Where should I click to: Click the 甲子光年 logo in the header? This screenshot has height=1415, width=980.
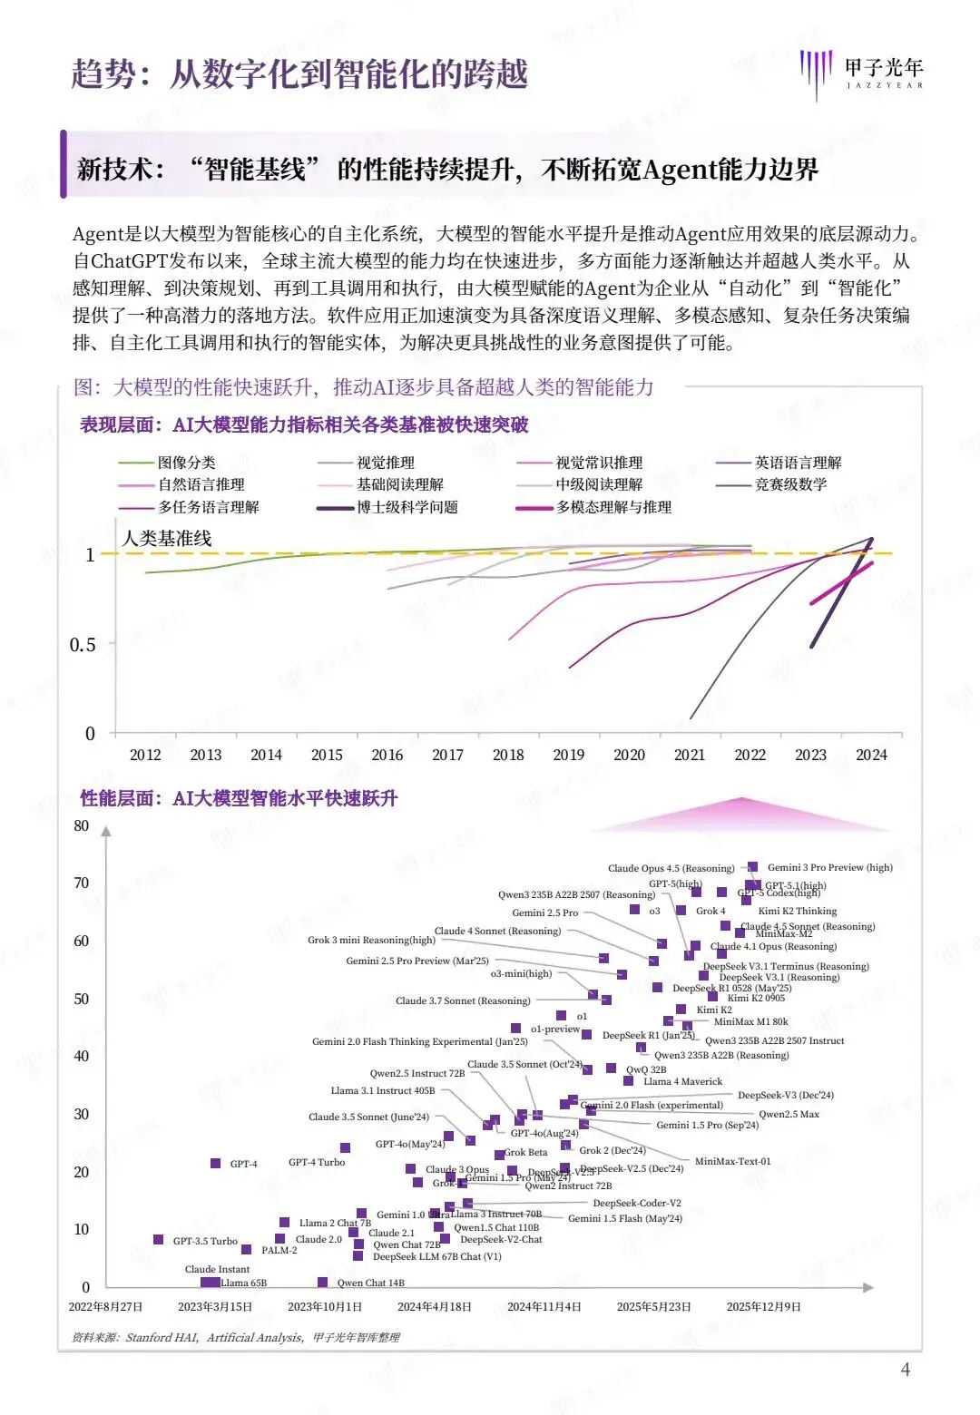(861, 72)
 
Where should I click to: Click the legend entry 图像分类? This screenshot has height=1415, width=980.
(186, 463)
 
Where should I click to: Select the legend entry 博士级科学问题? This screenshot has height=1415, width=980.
(407, 507)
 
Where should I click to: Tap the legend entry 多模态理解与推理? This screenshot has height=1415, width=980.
(613, 507)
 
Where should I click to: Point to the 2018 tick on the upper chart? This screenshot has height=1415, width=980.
(508, 755)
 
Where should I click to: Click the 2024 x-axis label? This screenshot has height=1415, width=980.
(871, 755)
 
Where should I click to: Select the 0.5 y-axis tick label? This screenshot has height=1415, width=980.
(83, 645)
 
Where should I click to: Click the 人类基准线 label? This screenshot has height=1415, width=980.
(167, 538)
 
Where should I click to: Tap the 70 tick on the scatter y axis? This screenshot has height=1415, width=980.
(82, 883)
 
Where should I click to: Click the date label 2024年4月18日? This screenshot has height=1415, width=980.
(435, 1307)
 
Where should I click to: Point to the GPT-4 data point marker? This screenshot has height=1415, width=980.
(216, 1163)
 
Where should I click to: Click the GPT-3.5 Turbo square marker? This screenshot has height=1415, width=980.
(159, 1240)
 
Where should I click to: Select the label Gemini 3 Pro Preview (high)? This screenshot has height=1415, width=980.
(829, 868)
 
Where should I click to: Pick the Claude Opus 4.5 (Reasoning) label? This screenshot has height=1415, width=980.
(671, 868)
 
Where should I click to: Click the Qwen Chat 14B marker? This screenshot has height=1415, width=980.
(322, 1282)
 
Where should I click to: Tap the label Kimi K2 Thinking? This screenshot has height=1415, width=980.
(797, 911)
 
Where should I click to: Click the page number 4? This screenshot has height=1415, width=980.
(905, 1370)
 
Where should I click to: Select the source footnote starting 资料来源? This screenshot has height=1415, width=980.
(236, 1337)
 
